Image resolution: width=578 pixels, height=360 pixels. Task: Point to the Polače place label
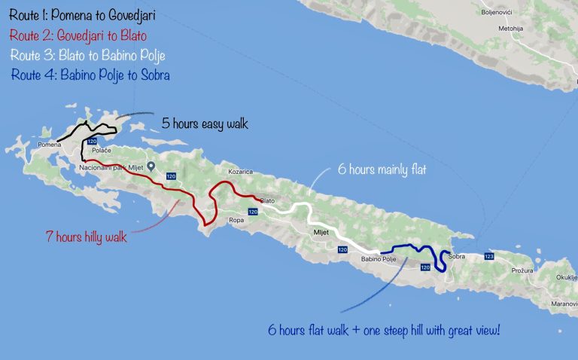pyautogui.click(x=102, y=151)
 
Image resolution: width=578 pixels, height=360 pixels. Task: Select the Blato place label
pyautogui.click(x=267, y=200)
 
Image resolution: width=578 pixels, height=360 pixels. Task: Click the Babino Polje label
pyautogui.click(x=379, y=259)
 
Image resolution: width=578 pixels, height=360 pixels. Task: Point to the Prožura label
pyautogui.click(x=522, y=270)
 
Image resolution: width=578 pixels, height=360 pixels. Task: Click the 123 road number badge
pyautogui.click(x=489, y=257)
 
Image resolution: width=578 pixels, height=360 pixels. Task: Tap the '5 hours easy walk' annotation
pyautogui.click(x=205, y=124)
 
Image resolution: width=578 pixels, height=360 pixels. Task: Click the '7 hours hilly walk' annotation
pyautogui.click(x=84, y=236)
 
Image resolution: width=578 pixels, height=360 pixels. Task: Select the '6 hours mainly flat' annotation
pyautogui.click(x=382, y=170)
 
